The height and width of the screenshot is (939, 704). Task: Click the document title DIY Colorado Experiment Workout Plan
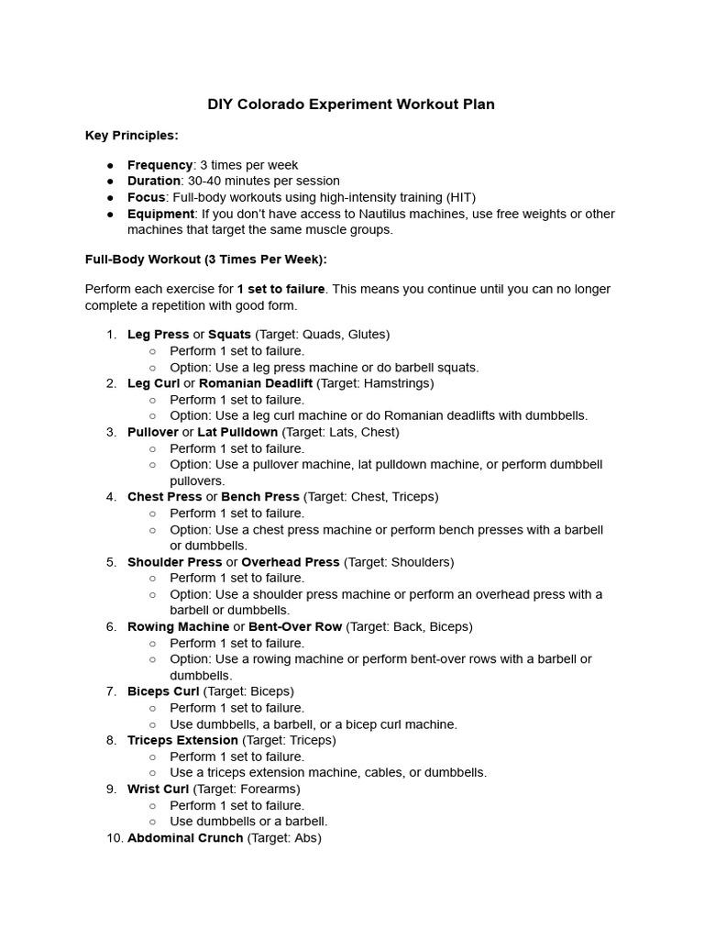coord(351,105)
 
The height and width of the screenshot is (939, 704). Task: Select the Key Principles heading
coord(132,136)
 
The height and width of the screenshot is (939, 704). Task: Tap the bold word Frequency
coord(159,165)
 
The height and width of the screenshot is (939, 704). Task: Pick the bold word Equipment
coord(160,214)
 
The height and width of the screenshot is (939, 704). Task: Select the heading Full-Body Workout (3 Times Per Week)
coord(206,260)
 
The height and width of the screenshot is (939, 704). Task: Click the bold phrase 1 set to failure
coord(280,289)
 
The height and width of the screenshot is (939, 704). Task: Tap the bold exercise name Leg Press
coord(158,335)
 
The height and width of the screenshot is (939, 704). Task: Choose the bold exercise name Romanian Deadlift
coord(256,383)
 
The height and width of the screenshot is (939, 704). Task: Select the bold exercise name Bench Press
coord(260,497)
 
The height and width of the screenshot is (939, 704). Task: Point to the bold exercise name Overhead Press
coord(291,562)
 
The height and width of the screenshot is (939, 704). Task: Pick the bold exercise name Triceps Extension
coord(182,740)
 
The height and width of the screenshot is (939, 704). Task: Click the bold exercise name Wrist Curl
coord(158,789)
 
